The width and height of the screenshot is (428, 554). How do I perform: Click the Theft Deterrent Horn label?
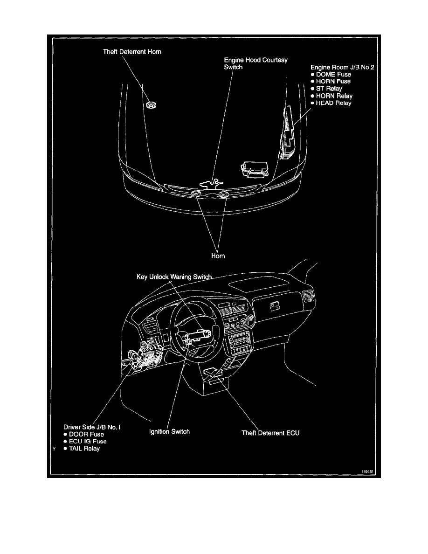click(x=132, y=52)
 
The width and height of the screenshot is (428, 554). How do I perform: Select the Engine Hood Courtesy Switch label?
click(x=256, y=63)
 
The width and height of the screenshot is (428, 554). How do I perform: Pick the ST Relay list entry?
click(x=329, y=89)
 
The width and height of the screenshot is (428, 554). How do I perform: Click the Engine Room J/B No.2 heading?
click(x=343, y=67)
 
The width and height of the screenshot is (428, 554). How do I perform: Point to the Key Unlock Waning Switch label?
click(x=174, y=277)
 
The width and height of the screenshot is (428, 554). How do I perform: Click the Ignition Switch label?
click(x=169, y=431)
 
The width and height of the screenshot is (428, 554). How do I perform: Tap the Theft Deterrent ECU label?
click(x=270, y=433)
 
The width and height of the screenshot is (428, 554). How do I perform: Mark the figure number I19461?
click(x=368, y=472)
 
